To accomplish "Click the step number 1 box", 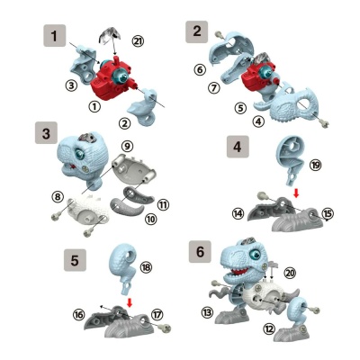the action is (54, 36).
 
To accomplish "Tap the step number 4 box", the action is (238, 147).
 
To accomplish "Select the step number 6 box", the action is (200, 251).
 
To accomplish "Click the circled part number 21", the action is (138, 41).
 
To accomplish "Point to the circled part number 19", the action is (315, 165).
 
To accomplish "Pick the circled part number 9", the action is (127, 146).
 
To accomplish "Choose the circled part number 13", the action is (207, 313).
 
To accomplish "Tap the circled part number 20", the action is (290, 273).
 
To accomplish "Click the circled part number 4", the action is (258, 121).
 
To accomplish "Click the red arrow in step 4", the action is (296, 194).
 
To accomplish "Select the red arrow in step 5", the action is (130, 302).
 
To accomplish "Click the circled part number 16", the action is (78, 314).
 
